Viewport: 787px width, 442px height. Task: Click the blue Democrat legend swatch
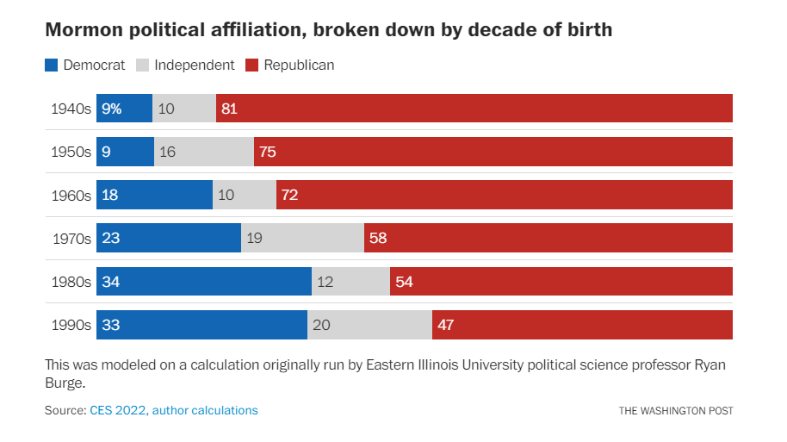pyautogui.click(x=52, y=65)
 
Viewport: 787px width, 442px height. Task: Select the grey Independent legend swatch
pyautogui.click(x=143, y=65)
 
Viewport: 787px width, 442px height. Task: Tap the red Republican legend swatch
pyautogui.click(x=252, y=65)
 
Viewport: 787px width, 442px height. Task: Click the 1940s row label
pyautogui.click(x=71, y=109)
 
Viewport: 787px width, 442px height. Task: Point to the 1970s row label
pyautogui.click(x=71, y=238)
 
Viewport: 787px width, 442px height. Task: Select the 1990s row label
pyautogui.click(x=71, y=325)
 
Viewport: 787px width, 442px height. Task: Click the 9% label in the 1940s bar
pyautogui.click(x=112, y=109)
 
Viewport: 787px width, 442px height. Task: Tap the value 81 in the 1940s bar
pyautogui.click(x=229, y=109)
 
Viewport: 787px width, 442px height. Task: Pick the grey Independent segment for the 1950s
pyautogui.click(x=204, y=152)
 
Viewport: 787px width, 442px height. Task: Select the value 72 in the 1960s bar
pyautogui.click(x=289, y=195)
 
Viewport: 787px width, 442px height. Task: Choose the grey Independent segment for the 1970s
pyautogui.click(x=302, y=238)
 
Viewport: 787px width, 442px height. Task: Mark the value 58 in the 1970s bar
pyautogui.click(x=378, y=238)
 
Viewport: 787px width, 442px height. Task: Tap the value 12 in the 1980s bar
pyautogui.click(x=325, y=282)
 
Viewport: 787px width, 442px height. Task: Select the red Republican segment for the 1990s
pyautogui.click(x=582, y=325)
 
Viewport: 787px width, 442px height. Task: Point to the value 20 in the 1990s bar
pyautogui.click(x=321, y=325)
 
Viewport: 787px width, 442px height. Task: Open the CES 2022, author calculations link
pyautogui.click(x=174, y=410)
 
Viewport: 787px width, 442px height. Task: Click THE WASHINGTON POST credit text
pyautogui.click(x=676, y=411)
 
